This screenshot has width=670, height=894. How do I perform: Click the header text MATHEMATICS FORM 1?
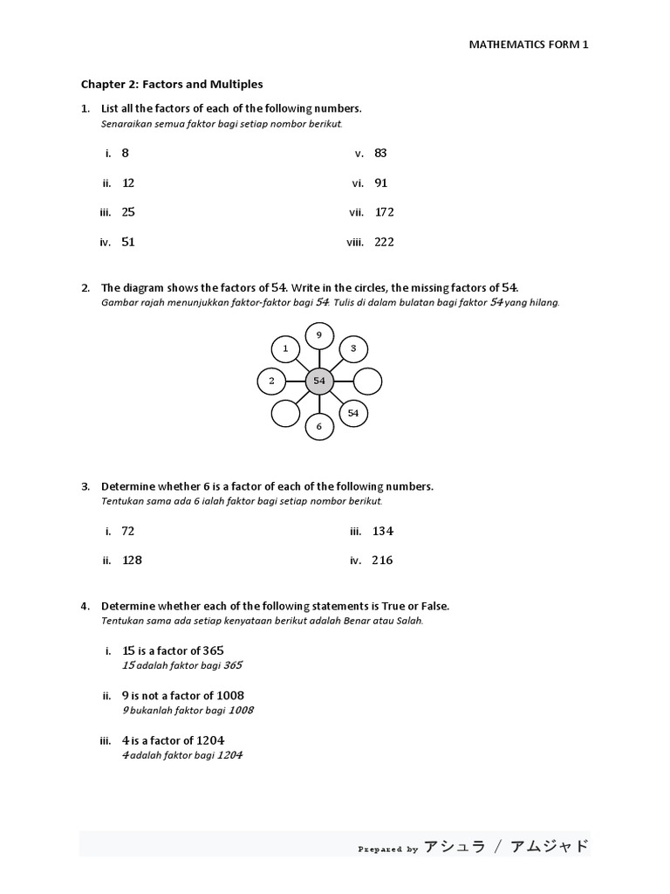tap(530, 45)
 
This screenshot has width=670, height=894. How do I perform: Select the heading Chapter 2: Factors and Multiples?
tap(172, 85)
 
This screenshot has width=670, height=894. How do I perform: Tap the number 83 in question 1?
tap(380, 154)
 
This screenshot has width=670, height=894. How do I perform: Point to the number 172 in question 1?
tap(385, 212)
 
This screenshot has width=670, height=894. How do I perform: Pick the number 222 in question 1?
tap(384, 243)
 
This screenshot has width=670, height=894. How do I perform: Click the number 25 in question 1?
tap(128, 212)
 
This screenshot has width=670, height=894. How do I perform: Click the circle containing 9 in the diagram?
tap(319, 335)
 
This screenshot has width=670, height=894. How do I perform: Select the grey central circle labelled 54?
tap(319, 382)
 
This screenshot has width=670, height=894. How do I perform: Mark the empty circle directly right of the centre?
tap(368, 382)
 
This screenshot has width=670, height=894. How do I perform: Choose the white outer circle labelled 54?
tap(353, 413)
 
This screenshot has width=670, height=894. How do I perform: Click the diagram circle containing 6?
tap(319, 426)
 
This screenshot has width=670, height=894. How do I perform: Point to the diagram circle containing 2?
tap(272, 382)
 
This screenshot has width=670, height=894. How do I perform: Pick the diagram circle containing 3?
tap(353, 348)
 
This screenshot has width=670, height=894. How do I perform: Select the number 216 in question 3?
tap(382, 560)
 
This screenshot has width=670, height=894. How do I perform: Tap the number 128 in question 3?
tap(132, 560)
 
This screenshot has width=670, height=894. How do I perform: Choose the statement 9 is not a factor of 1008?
tap(183, 696)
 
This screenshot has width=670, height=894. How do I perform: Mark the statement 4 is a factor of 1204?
tap(174, 740)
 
